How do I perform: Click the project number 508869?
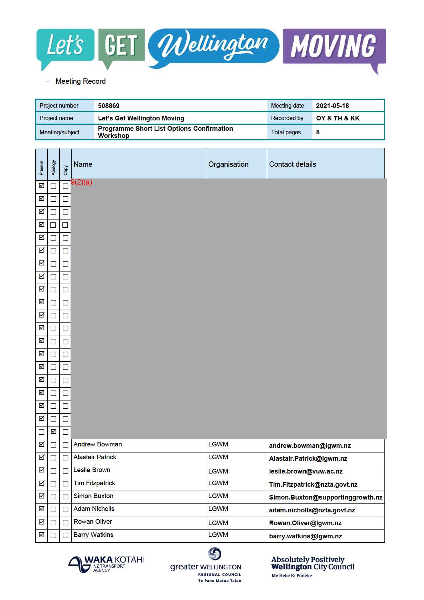pos(109,106)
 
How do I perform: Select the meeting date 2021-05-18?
pos(332,106)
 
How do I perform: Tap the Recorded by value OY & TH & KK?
pos(337,118)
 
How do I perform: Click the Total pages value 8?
pos(318,132)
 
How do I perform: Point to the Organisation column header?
pos(228,164)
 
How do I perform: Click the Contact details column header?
pos(292,164)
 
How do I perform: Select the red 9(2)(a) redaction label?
pos(82,182)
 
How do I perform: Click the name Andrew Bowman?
pos(98,444)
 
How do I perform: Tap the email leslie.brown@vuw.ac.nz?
pos(306,471)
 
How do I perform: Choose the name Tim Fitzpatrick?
pos(94,483)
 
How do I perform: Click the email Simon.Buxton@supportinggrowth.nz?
pos(326,497)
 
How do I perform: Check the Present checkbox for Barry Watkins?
pos(42,535)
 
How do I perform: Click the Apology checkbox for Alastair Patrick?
pos(53,458)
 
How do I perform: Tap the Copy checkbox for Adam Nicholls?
pos(66,510)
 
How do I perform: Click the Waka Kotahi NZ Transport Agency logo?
pos(107,564)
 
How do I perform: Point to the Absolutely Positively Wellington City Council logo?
pos(312,566)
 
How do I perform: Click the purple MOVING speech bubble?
pos(334,47)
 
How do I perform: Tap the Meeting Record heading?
pos(81,81)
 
